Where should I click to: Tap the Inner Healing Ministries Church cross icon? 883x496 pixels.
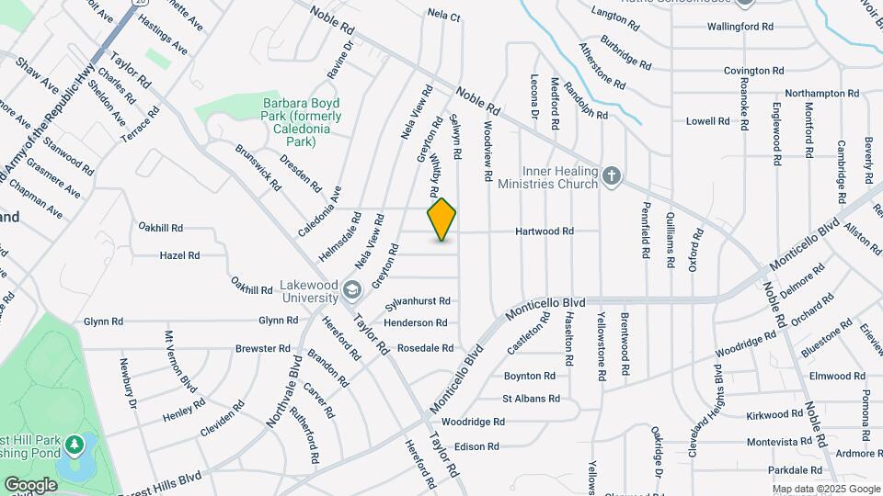pos(612,175)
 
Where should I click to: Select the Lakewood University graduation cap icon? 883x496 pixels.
pos(350,291)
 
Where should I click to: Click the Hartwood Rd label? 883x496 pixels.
pos(545,231)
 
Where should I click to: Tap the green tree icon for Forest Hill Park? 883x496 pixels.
pos(73,445)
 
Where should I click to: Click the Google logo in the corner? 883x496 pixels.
pos(30,484)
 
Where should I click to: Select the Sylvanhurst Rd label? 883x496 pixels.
pos(418,301)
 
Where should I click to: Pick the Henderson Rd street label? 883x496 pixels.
pos(416,323)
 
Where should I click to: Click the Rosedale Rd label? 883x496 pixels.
pos(425,348)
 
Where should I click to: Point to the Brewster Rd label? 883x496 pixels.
pos(263,349)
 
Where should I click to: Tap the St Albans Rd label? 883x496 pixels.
pos(531,399)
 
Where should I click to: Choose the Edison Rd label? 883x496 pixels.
pos(476,447)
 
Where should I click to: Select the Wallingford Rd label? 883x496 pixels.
pos(740,27)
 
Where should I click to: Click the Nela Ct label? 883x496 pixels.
pos(442,14)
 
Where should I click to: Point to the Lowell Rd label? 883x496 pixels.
pos(706,121)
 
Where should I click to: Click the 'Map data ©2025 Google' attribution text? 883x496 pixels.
pos(826,489)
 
